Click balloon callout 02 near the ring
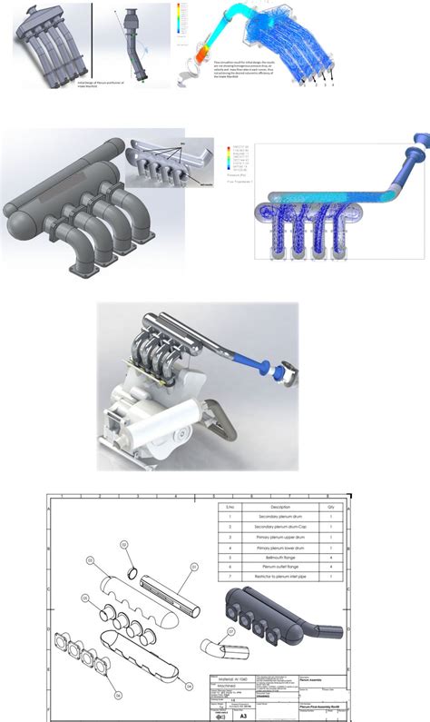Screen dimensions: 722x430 click(124, 545)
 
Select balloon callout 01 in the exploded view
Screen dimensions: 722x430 click(193, 566)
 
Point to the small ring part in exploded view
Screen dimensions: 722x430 click(133, 573)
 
